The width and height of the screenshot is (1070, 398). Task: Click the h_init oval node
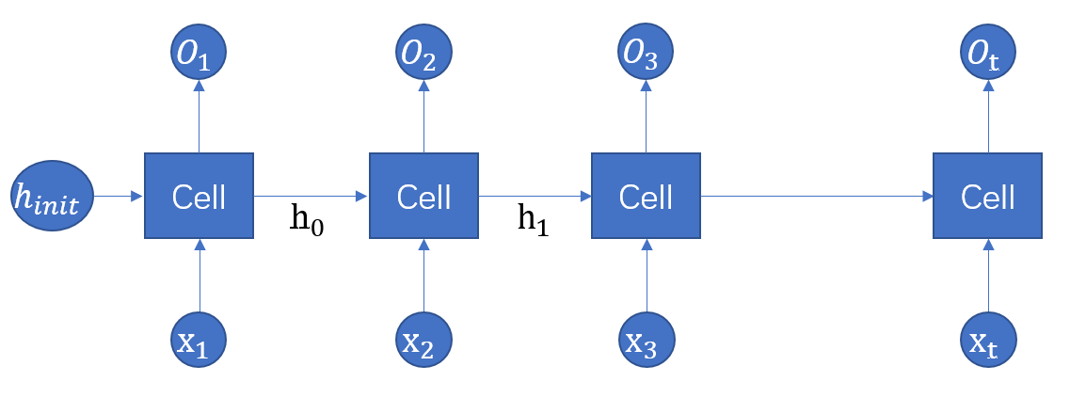53,196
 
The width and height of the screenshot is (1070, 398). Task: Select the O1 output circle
199,55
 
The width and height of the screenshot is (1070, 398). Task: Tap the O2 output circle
423,55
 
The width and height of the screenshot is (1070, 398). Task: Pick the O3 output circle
646,55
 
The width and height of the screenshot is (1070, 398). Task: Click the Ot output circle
988,55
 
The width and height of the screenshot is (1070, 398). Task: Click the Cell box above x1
199,196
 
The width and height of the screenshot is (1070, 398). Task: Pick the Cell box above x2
423,196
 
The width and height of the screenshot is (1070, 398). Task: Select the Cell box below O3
646,196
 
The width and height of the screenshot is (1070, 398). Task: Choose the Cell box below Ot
988,196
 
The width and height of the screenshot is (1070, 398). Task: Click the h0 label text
307,221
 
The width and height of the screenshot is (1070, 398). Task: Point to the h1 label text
532,221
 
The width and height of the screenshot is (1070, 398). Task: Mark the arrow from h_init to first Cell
119,196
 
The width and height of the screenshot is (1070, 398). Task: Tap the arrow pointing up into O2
423,117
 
